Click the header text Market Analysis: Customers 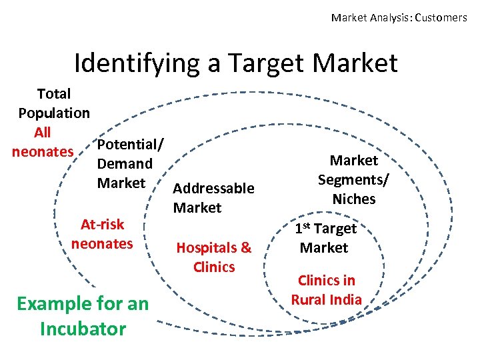pos(399,18)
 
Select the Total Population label pos(54,103)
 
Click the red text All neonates pos(43,142)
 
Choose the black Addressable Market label pos(213,198)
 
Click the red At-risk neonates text pos(102,234)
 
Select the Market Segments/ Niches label pos(354,179)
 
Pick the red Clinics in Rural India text pos(327,289)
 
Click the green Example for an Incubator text pos(83,316)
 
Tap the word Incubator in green pos(83,329)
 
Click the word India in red pos(345,299)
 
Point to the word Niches pos(354,199)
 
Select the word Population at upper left pos(54,113)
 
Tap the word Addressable pos(213,189)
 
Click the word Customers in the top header pos(441,18)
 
